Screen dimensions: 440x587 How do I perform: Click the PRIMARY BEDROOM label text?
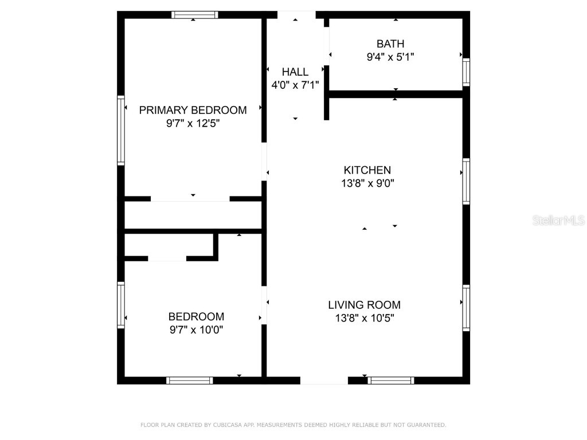click(x=193, y=110)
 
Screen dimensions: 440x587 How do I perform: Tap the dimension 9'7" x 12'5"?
click(x=193, y=123)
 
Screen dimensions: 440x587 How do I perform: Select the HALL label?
click(x=295, y=72)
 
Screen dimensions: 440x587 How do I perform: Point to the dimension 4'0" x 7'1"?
click(x=295, y=85)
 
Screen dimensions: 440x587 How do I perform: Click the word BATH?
click(x=390, y=44)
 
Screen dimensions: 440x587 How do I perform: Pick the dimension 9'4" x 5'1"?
click(x=390, y=57)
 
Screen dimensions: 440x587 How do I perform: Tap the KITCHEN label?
click(x=367, y=170)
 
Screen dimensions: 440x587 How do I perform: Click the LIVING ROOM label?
click(x=364, y=305)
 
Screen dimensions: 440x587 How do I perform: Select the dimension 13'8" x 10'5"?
click(x=364, y=318)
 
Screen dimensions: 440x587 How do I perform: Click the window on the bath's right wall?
click(x=466, y=72)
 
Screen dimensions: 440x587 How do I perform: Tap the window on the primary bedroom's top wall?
click(x=195, y=15)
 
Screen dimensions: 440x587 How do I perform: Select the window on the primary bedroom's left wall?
click(x=121, y=131)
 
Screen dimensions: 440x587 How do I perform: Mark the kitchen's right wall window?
click(x=466, y=182)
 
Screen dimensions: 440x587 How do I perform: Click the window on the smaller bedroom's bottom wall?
click(x=190, y=380)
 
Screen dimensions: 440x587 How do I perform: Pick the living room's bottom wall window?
click(x=390, y=380)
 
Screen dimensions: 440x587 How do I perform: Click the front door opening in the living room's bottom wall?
click(x=324, y=380)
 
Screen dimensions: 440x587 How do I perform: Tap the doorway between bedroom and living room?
click(x=264, y=305)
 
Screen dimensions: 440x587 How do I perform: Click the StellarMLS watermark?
click(x=558, y=220)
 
